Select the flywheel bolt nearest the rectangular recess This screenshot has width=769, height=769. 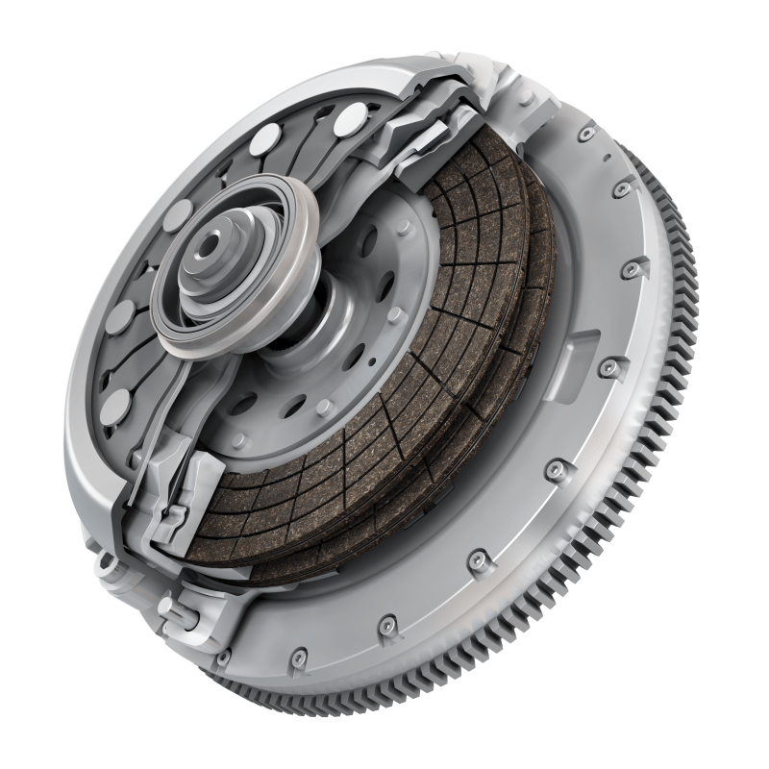608,367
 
